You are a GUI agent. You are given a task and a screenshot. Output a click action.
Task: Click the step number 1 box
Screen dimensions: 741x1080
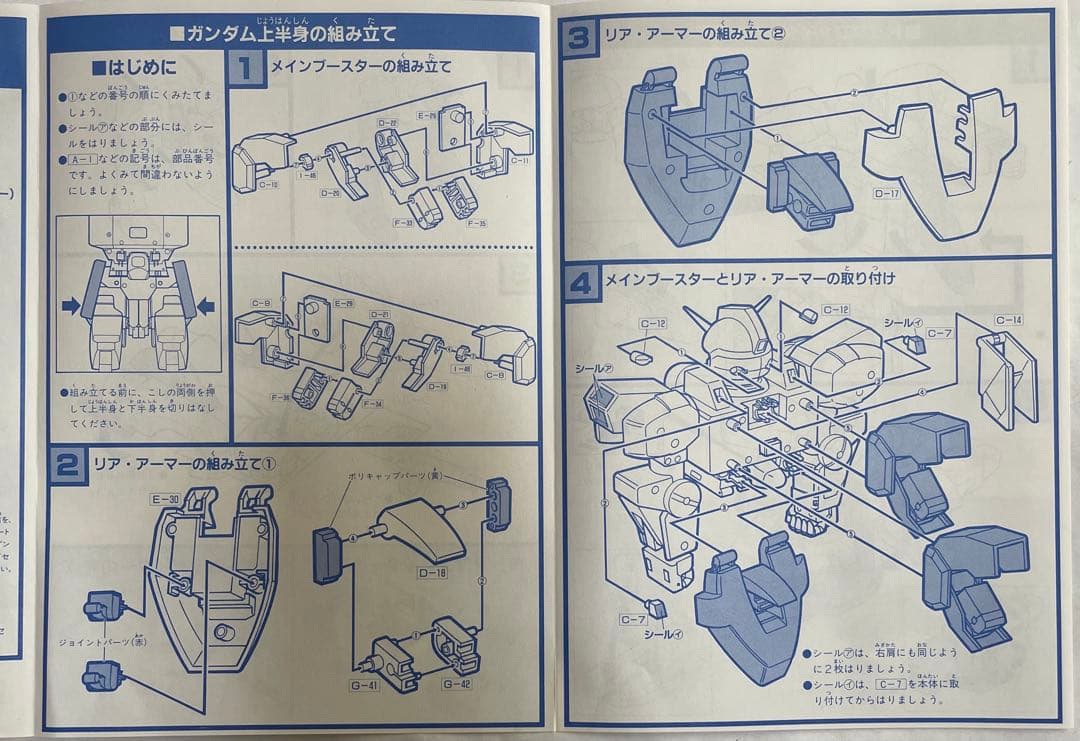pyautogui.click(x=245, y=69)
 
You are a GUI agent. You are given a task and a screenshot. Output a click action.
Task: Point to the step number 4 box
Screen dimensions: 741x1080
pyautogui.click(x=581, y=281)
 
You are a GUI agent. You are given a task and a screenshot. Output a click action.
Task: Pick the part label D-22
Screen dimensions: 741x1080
pyautogui.click(x=388, y=123)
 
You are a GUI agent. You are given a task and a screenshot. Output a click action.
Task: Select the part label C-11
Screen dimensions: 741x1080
pyautogui.click(x=518, y=159)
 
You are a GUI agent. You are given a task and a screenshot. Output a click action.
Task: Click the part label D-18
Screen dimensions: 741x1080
pyautogui.click(x=438, y=575)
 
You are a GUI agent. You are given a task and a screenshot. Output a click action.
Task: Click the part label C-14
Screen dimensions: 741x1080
pyautogui.click(x=1009, y=320)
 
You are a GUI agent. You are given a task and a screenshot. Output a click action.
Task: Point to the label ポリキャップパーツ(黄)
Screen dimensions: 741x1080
pyautogui.click(x=394, y=476)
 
